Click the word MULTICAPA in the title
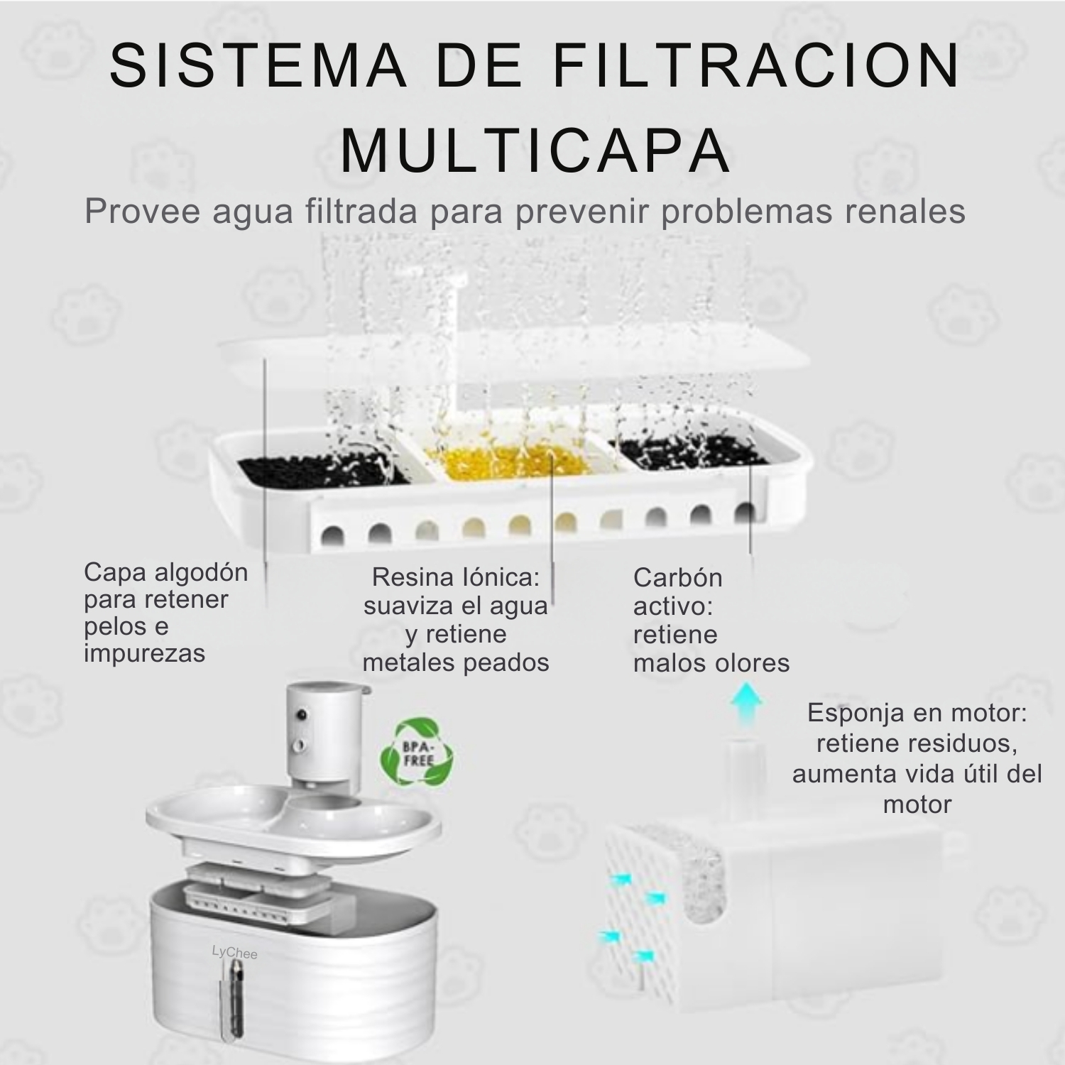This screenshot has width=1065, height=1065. click(536, 151)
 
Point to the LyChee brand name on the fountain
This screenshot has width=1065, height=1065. click(234, 952)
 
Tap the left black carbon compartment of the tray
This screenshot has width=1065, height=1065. click(323, 469)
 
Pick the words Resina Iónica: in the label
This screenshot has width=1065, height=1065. click(456, 577)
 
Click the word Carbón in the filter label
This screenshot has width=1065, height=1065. click(677, 578)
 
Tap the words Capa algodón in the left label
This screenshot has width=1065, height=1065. click(166, 572)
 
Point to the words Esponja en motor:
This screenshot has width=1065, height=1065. click(917, 713)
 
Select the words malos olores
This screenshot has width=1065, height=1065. click(711, 663)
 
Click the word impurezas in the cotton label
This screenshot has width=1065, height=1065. click(144, 653)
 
